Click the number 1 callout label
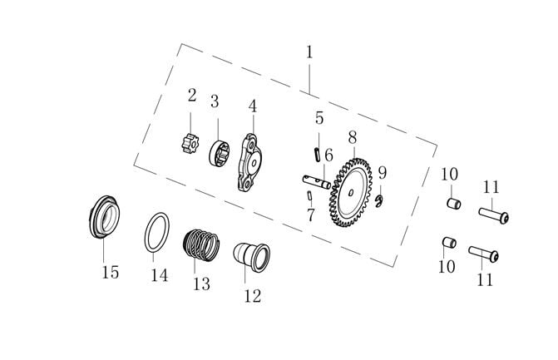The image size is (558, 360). tap(309, 52)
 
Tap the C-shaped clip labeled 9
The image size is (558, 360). tap(378, 199)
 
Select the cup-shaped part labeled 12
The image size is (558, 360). tap(252, 255)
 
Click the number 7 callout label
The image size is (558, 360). tap(311, 215)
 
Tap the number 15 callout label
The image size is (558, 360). tap(110, 272)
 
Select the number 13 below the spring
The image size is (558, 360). tap(201, 284)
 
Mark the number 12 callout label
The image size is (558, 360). tap(252, 295)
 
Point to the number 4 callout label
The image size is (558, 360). tap(252, 106)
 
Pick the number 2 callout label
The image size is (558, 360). tap(192, 95)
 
